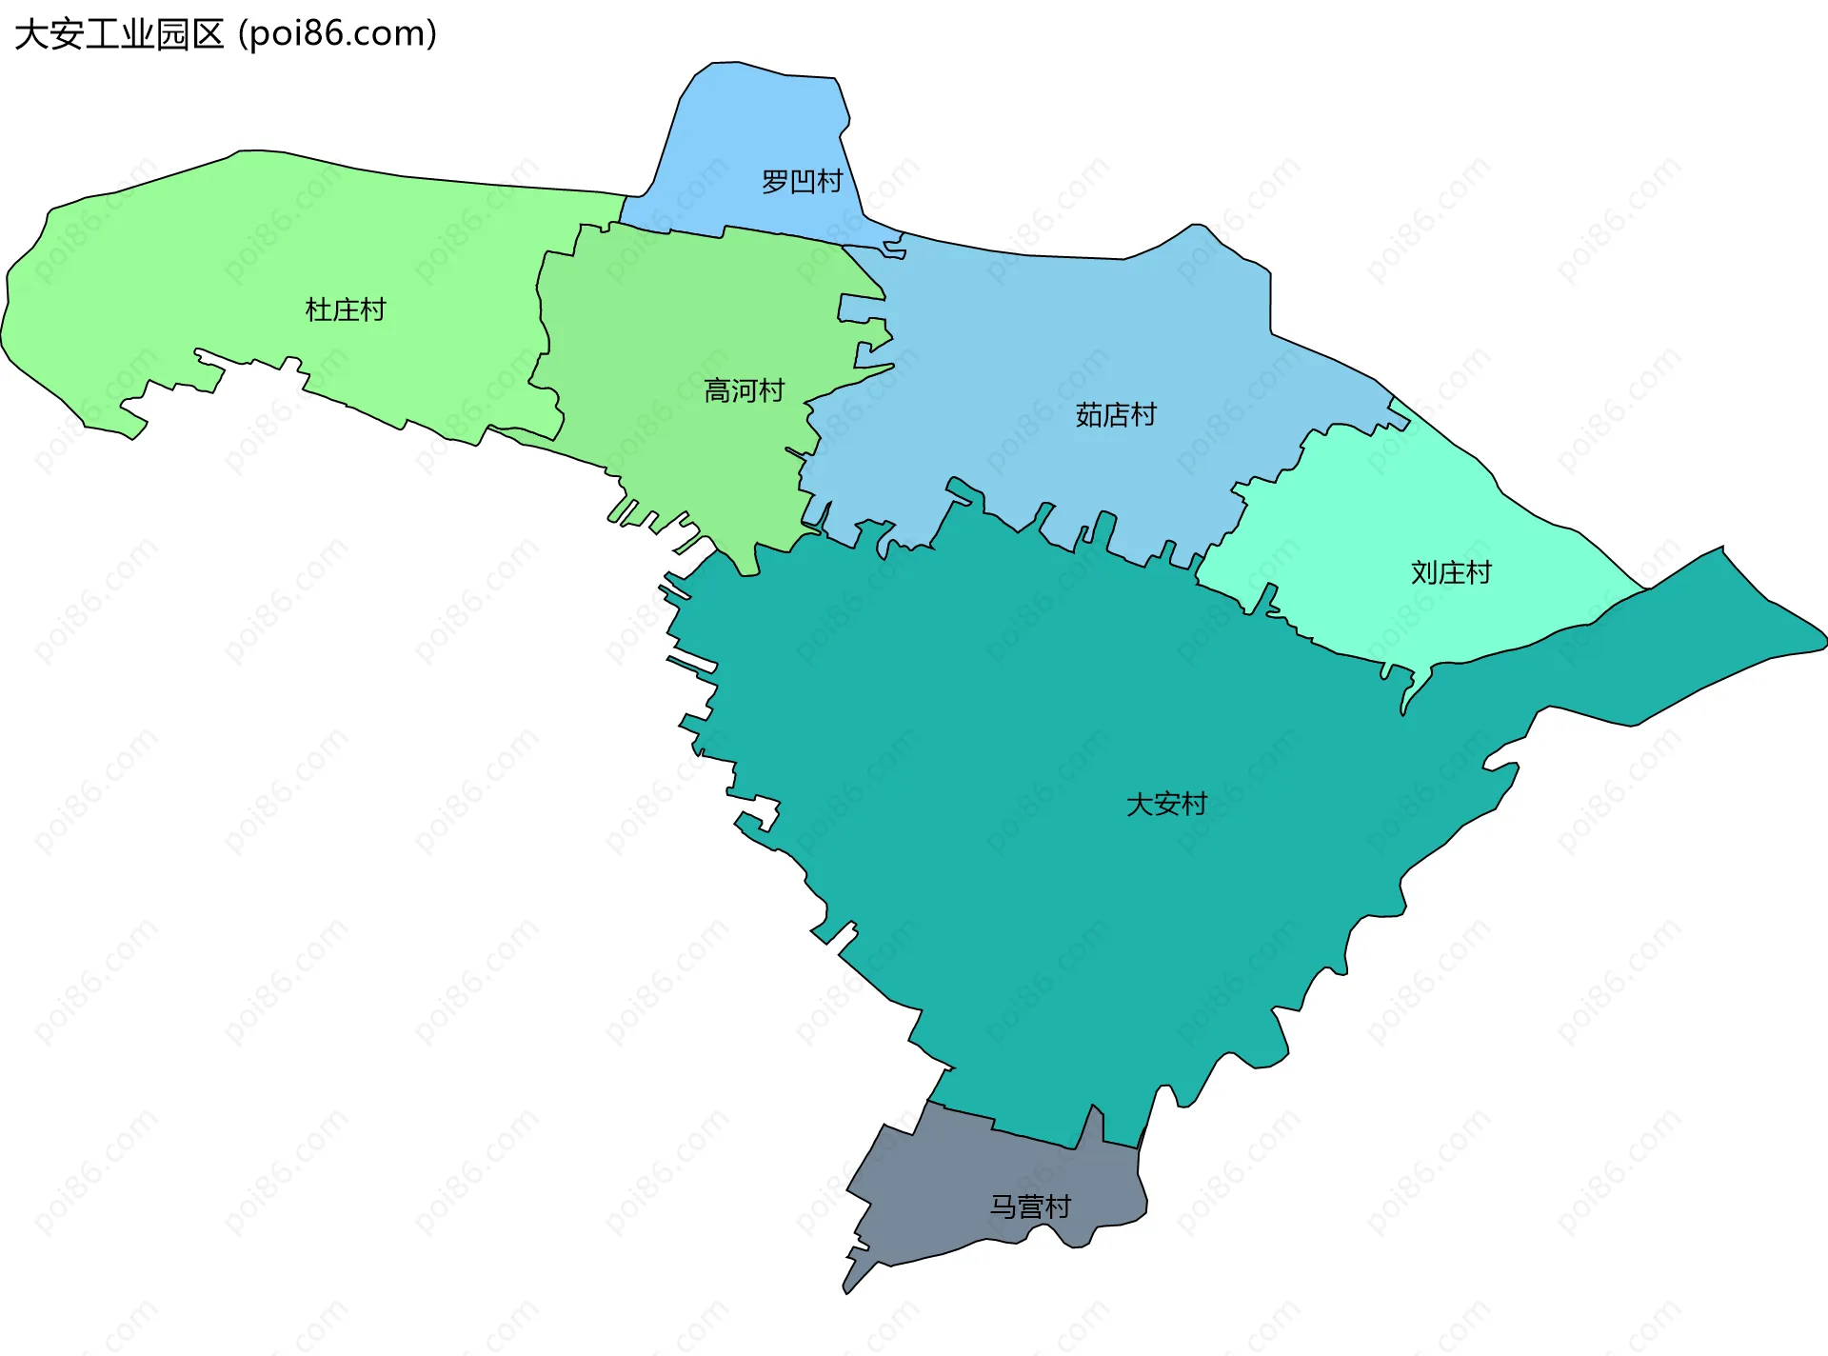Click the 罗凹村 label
coord(802,181)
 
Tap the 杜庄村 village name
coord(345,309)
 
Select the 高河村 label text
coord(744,390)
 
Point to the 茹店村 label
coord(1115,414)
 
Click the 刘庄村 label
coord(1450,572)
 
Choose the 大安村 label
coord(1166,804)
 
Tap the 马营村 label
coord(1030,1206)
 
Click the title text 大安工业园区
coord(119,34)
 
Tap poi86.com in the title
coord(337,34)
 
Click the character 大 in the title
coord(31,34)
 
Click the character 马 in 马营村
coord(1003,1206)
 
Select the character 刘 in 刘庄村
coord(1423,572)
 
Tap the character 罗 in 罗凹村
coord(775,181)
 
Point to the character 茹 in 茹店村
coord(1088,414)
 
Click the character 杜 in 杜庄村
coord(318,309)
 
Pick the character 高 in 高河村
coord(717,390)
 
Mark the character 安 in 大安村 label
coord(1166,804)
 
